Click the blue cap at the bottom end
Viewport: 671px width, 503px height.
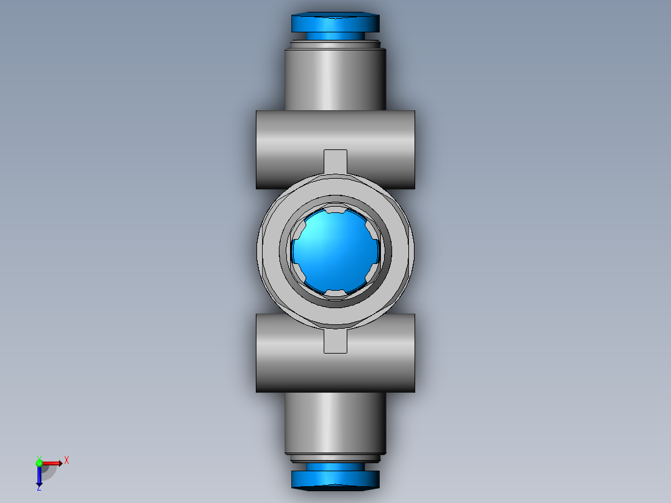coord(335,478)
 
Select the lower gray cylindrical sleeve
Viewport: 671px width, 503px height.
coord(335,423)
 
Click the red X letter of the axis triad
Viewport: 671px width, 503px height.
coord(67,461)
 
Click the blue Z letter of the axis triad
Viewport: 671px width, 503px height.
coord(39,488)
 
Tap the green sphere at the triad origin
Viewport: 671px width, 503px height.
coord(39,463)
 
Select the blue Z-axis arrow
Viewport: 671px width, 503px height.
coord(39,475)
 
